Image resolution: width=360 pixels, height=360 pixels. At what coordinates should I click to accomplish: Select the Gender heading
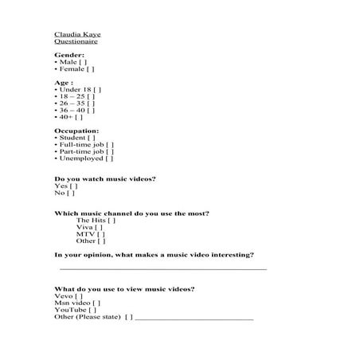tap(68, 55)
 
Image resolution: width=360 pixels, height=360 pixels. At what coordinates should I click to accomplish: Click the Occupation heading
tap(76, 130)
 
